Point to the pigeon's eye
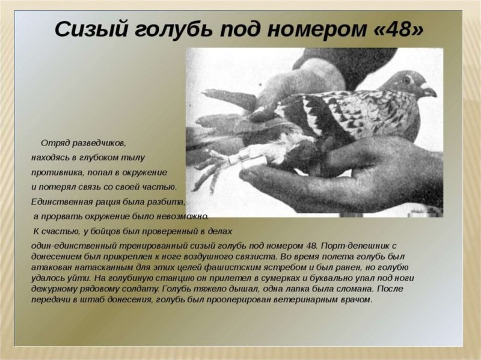click(x=406, y=81)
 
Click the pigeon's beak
click(x=429, y=90)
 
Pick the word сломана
click(x=354, y=289)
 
